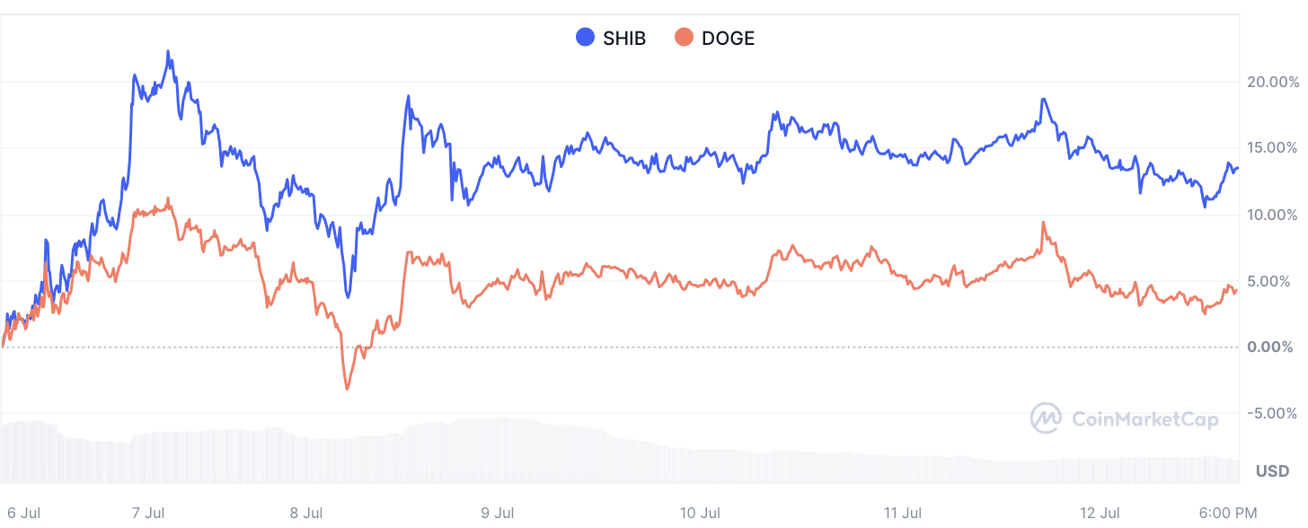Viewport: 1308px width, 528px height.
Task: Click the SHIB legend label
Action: click(x=624, y=39)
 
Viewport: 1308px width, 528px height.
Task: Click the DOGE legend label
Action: click(x=728, y=39)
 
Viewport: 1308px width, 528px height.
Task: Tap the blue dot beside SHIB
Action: click(x=586, y=38)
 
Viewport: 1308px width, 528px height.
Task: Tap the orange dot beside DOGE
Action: click(x=685, y=38)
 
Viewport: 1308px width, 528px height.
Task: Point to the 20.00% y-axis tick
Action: click(x=1272, y=82)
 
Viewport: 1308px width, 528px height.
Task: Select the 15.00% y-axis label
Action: click(x=1272, y=148)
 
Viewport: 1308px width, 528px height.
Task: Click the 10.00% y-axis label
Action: click(x=1272, y=215)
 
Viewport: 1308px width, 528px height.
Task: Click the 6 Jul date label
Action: click(x=24, y=514)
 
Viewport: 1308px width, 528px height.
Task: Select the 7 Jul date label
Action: click(x=147, y=514)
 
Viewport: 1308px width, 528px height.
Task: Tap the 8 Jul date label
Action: click(x=306, y=514)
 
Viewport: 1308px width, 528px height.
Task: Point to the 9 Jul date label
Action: click(x=498, y=514)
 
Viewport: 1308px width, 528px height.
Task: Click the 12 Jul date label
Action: click(x=1100, y=514)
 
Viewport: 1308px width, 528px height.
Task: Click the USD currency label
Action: click(x=1272, y=471)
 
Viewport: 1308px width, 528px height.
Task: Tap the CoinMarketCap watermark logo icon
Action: click(x=1046, y=418)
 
